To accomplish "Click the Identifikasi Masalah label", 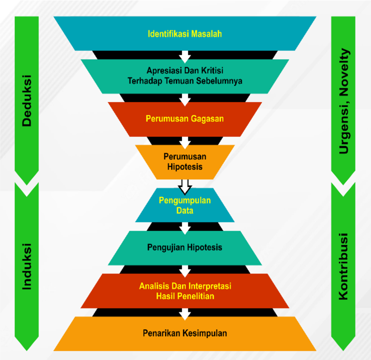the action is (185, 34).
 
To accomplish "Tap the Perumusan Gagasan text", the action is (185, 118).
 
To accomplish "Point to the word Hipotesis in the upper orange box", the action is (185, 166).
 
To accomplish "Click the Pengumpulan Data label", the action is (185, 205).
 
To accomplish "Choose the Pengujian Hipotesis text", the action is (185, 248).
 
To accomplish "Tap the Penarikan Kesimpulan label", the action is (185, 333).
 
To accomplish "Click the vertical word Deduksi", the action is (27, 101).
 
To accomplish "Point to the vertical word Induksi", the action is (27, 266).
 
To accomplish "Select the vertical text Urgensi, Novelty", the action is (343, 101).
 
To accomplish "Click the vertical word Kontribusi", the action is (343, 267).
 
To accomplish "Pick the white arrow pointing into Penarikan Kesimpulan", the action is (185, 314).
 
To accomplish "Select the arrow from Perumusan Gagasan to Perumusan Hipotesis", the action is (185, 142).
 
